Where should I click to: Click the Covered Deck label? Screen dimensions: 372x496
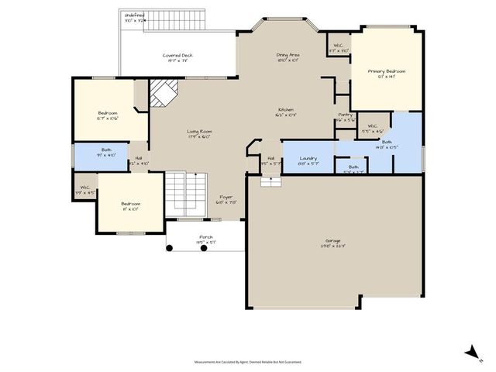pos(177,56)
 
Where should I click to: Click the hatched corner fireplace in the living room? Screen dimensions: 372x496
pos(164,95)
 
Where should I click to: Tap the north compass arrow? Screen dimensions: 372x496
pos(471,353)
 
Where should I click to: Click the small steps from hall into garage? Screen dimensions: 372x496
pos(270,181)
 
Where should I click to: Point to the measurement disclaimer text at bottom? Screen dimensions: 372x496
pos(248,361)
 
